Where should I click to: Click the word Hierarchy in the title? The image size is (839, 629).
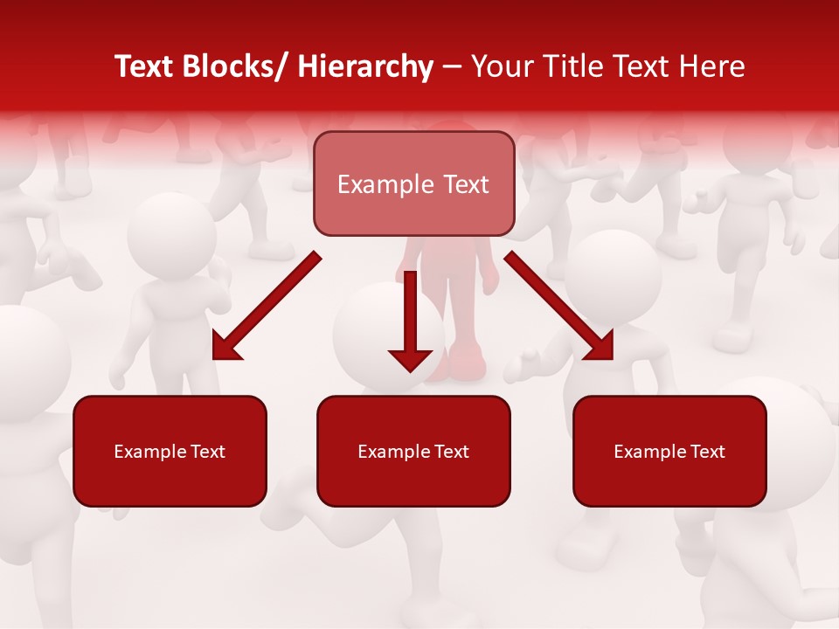[x=365, y=67]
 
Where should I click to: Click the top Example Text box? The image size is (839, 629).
[x=413, y=184]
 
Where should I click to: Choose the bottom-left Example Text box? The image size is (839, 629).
[x=170, y=452]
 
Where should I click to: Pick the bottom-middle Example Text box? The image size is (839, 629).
[x=413, y=452]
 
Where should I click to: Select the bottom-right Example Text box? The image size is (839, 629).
[x=669, y=452]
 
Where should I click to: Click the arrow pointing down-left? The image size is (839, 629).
[x=266, y=307]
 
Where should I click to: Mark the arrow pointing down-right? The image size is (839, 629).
[x=558, y=305]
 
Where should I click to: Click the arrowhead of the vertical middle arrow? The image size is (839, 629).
[x=410, y=358]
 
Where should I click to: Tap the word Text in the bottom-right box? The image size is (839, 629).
[x=707, y=452]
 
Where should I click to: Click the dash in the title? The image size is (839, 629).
[x=452, y=67]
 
